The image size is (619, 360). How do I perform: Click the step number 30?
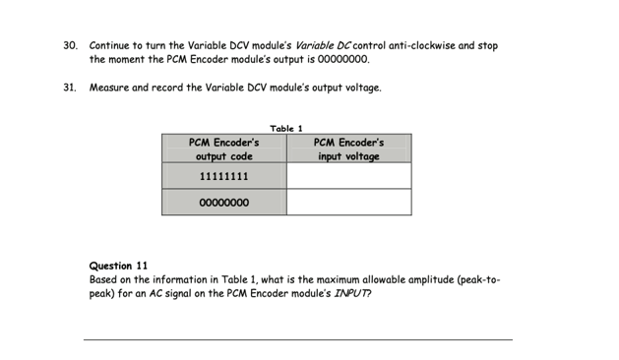70,45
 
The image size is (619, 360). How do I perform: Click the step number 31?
70,88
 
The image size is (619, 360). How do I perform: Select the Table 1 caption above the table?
286,128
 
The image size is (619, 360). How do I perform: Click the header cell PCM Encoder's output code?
224,149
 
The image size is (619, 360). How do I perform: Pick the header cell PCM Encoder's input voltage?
349,149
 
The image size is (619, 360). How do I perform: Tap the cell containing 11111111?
224,176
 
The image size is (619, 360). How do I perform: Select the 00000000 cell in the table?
224,203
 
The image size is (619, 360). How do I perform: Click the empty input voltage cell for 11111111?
349,176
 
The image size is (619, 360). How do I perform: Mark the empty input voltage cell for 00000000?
349,203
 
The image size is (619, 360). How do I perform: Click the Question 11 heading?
119,266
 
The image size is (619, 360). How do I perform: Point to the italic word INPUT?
353,293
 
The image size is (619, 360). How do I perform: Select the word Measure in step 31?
109,88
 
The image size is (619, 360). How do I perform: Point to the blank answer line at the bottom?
297,339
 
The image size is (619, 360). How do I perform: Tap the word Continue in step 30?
110,45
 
